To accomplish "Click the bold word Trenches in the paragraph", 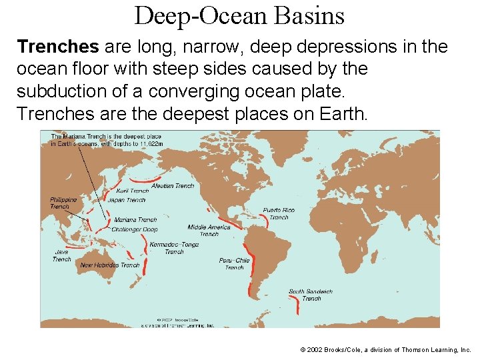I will (58, 48).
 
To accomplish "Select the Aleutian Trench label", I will (173, 186).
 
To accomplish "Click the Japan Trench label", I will (127, 200).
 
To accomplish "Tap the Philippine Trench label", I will (63, 203).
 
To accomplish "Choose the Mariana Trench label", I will (135, 220).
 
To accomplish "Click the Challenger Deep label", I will (134, 229).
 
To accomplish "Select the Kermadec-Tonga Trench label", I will (174, 248).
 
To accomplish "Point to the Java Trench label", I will (61, 256).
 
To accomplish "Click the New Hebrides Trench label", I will (110, 265).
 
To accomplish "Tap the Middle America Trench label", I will (209, 230).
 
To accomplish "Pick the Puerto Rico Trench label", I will (279, 213).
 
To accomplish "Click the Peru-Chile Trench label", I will (234, 264).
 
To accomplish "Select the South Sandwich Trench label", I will (311, 295).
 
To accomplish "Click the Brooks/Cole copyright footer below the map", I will (385, 349).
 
